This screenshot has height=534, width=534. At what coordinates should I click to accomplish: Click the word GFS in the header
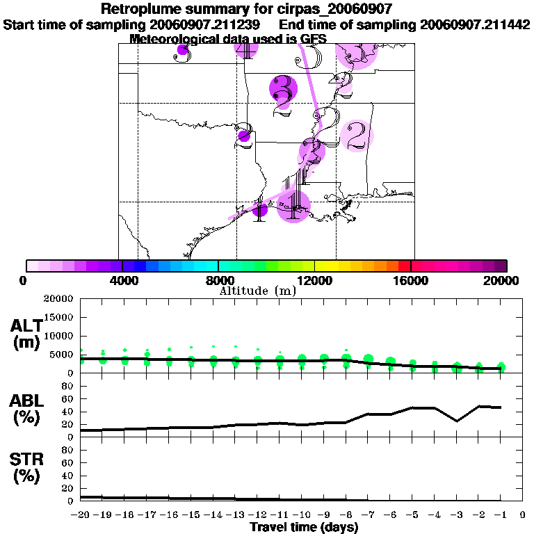pyautogui.click(x=312, y=39)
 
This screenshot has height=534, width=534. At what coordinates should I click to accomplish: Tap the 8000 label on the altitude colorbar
pyautogui.click(x=218, y=282)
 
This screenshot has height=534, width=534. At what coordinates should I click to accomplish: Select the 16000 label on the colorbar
pyautogui.click(x=411, y=282)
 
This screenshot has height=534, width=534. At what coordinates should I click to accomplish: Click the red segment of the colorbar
pyautogui.click(x=404, y=266)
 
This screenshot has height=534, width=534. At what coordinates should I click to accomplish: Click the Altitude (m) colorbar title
pyautogui.click(x=257, y=291)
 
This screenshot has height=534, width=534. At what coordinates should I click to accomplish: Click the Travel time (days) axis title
pyautogui.click(x=304, y=527)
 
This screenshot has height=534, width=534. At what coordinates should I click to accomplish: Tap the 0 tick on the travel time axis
pyautogui.click(x=523, y=515)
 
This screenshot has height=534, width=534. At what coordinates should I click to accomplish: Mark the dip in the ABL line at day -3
pyautogui.click(x=457, y=421)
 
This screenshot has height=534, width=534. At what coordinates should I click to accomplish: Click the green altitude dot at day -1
pyautogui.click(x=501, y=368)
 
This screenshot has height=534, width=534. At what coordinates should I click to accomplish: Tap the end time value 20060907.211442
pyautogui.click(x=475, y=24)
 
